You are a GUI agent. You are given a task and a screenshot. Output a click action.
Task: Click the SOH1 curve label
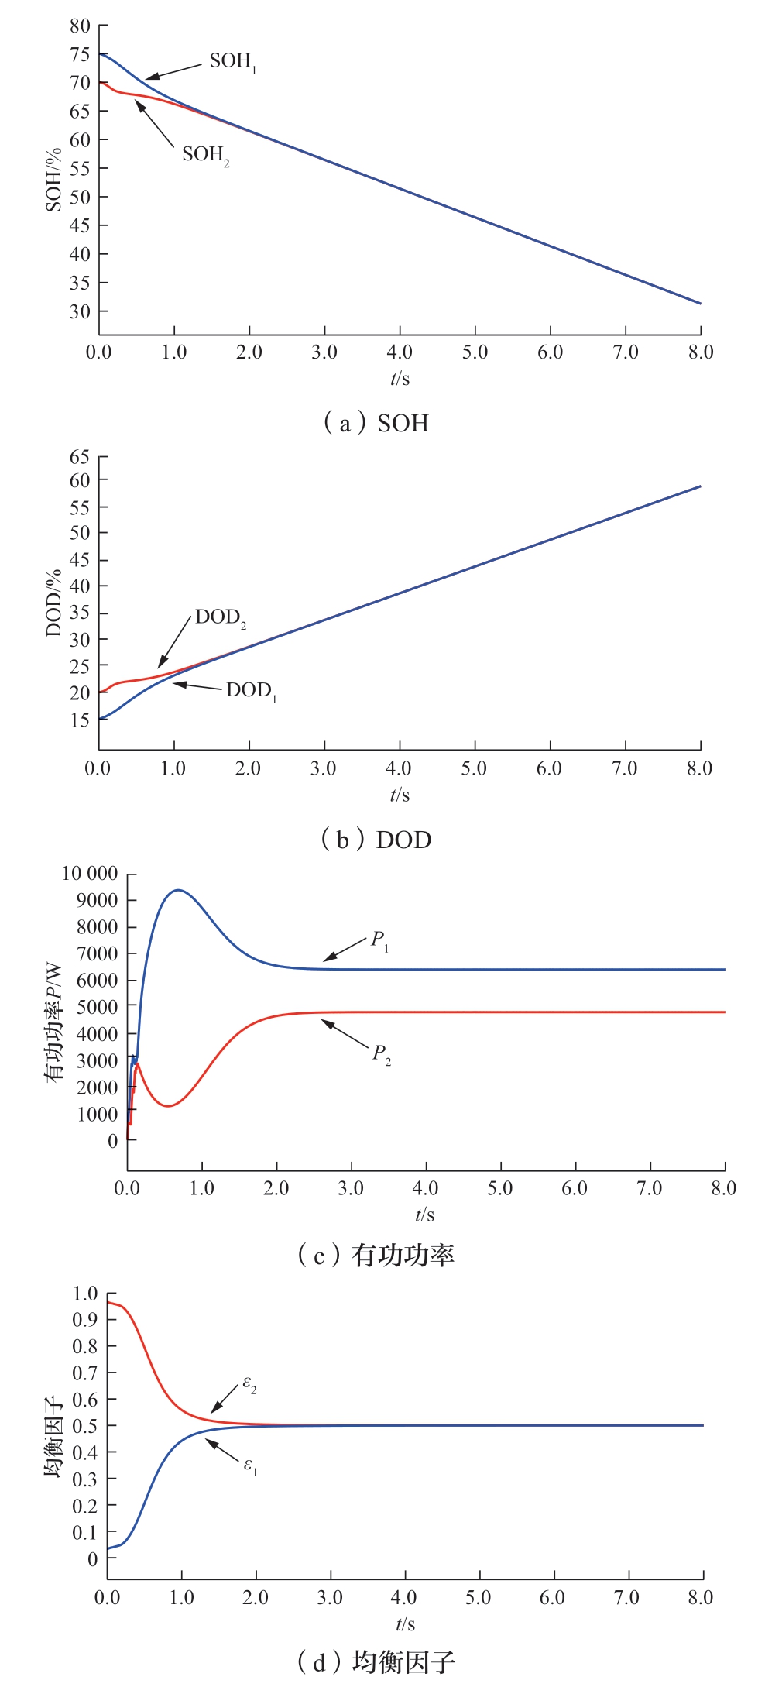pyautogui.click(x=232, y=62)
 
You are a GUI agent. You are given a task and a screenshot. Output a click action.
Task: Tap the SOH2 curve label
pyautogui.click(x=205, y=156)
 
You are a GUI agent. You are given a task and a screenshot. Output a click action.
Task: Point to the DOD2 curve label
pyautogui.click(x=221, y=618)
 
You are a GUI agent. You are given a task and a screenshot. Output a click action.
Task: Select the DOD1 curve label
pyautogui.click(x=251, y=691)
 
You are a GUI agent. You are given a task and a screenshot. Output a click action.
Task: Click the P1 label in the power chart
pyautogui.click(x=379, y=941)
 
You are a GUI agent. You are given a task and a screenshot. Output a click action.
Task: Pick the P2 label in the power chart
pyautogui.click(x=382, y=1054)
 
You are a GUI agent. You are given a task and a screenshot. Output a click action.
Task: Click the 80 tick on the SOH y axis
pyautogui.click(x=80, y=26)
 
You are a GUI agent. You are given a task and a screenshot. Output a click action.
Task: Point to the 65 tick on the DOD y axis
pyautogui.click(x=80, y=457)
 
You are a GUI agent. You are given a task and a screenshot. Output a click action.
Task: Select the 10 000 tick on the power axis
pyautogui.click(x=90, y=874)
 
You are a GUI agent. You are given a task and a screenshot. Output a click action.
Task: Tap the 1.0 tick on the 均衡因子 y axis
pyautogui.click(x=85, y=1294)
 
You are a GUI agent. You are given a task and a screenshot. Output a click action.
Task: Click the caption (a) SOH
pyautogui.click(x=376, y=423)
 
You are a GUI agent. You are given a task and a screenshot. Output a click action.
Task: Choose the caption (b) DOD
pyautogui.click(x=376, y=840)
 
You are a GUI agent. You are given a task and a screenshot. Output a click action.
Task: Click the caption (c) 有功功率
pyautogui.click(x=376, y=1255)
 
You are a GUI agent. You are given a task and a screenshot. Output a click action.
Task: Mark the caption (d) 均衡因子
pyautogui.click(x=376, y=1661)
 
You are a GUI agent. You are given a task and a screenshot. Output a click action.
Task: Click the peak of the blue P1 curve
pyautogui.click(x=178, y=890)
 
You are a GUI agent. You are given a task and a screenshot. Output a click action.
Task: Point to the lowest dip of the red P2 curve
pyautogui.click(x=167, y=1105)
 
